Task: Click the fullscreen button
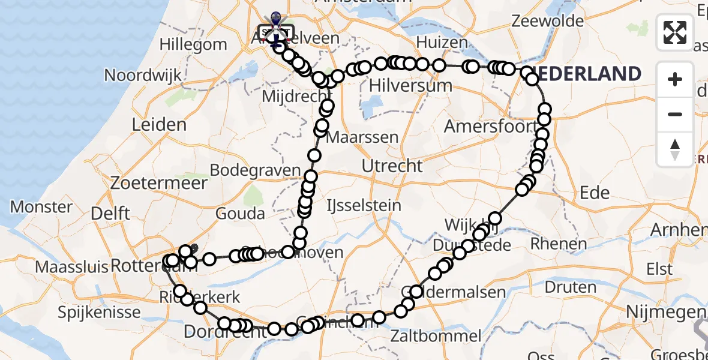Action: click(x=675, y=32)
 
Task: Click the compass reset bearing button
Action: click(x=675, y=149)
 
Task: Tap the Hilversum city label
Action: click(x=410, y=85)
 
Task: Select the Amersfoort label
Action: click(x=490, y=127)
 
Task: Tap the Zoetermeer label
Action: click(x=159, y=182)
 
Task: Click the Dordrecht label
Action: click(x=216, y=331)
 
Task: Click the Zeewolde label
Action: click(x=547, y=21)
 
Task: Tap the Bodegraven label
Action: click(x=263, y=170)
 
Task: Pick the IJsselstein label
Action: click(x=363, y=206)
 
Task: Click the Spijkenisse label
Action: click(x=100, y=312)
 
